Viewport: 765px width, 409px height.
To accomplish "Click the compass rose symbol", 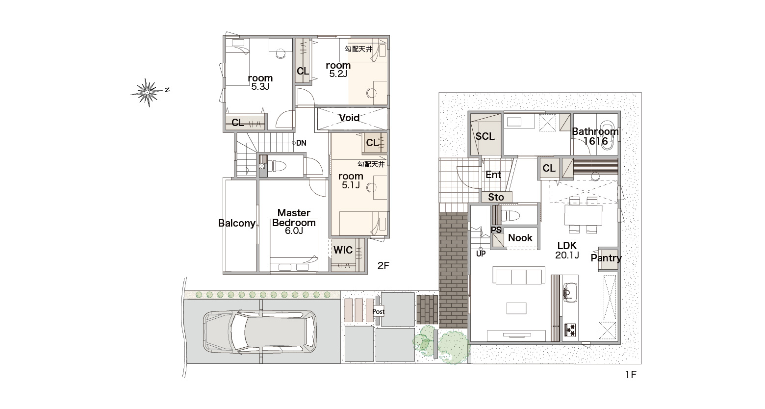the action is pos(147,92).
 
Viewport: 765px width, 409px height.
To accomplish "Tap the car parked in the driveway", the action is pos(259,332).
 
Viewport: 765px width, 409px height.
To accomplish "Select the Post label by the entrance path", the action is pos(379,311).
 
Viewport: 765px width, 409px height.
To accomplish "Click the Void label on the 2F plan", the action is pos(349,118).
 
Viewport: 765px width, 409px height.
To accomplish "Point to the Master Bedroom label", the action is pos(294,218).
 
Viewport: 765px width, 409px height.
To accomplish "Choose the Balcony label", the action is pos(237,223).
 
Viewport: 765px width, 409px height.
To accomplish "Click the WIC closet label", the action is pos(343,250).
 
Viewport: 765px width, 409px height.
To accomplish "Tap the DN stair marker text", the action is pos(301,143).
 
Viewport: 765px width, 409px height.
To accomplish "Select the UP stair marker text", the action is pos(481,254).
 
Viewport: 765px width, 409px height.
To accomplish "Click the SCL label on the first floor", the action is pos(485,136).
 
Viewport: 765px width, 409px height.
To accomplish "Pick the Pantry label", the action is pos(606,258).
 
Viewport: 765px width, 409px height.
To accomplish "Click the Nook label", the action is pos(520,238).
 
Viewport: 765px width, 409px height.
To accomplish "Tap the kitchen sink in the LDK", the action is pos(570,293).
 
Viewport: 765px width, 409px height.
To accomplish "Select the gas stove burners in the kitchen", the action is pos(570,330).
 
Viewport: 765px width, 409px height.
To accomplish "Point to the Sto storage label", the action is pos(496,197).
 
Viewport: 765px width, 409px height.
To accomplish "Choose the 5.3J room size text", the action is pos(260,87).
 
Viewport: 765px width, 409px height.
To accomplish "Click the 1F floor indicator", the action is pos(631,375).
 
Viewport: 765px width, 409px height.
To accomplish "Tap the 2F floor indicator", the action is pos(383,266).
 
